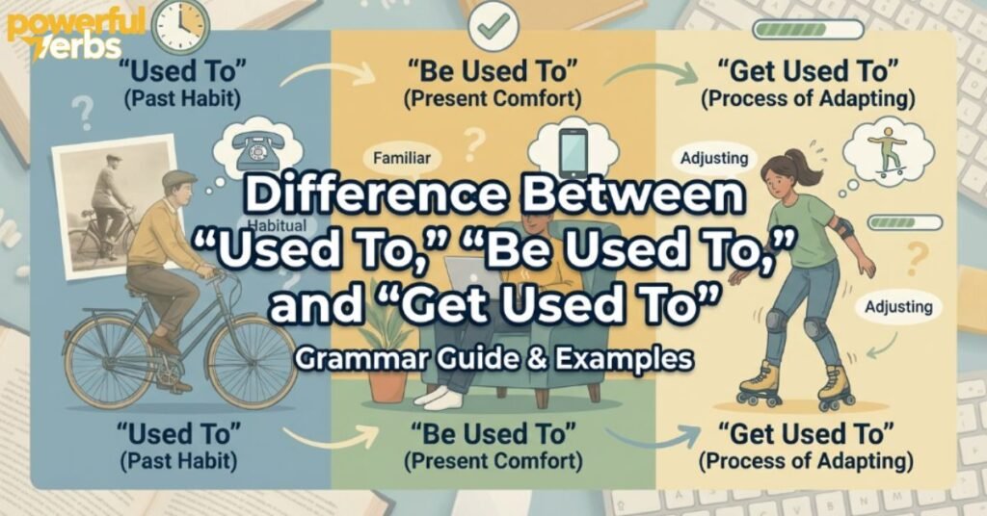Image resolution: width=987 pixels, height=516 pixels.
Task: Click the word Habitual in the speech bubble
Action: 276,225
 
